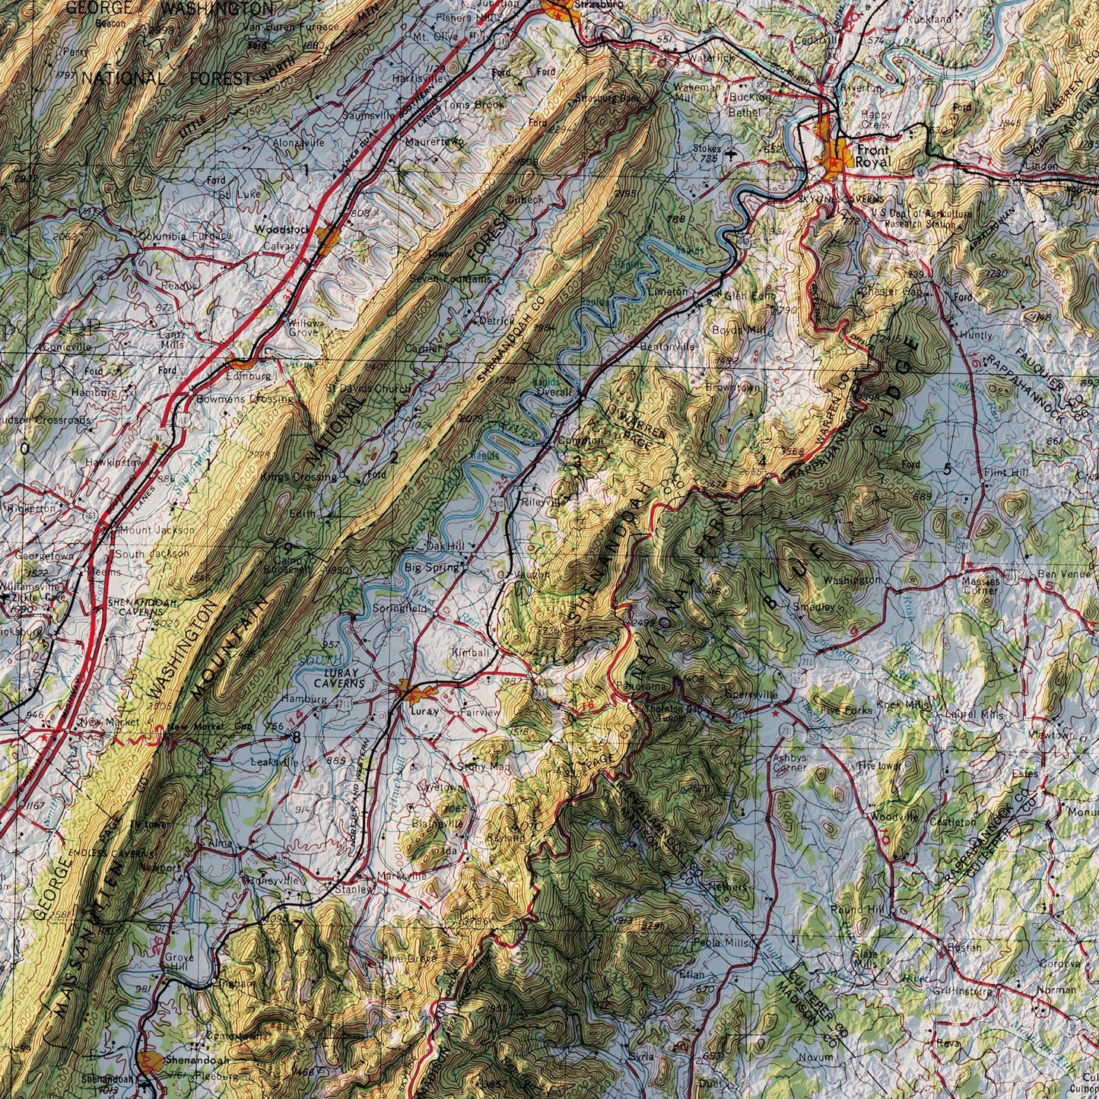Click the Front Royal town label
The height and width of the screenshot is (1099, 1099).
point(871,156)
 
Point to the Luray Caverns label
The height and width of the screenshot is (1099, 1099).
point(344,679)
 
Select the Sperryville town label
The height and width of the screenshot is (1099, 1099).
point(752,695)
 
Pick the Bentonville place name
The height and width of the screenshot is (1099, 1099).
point(668,347)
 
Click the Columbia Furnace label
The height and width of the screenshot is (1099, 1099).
point(185,237)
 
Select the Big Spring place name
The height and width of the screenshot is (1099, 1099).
point(431,567)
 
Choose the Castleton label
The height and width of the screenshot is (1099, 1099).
point(952,822)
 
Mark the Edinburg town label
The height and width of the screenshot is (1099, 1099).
point(248,376)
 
